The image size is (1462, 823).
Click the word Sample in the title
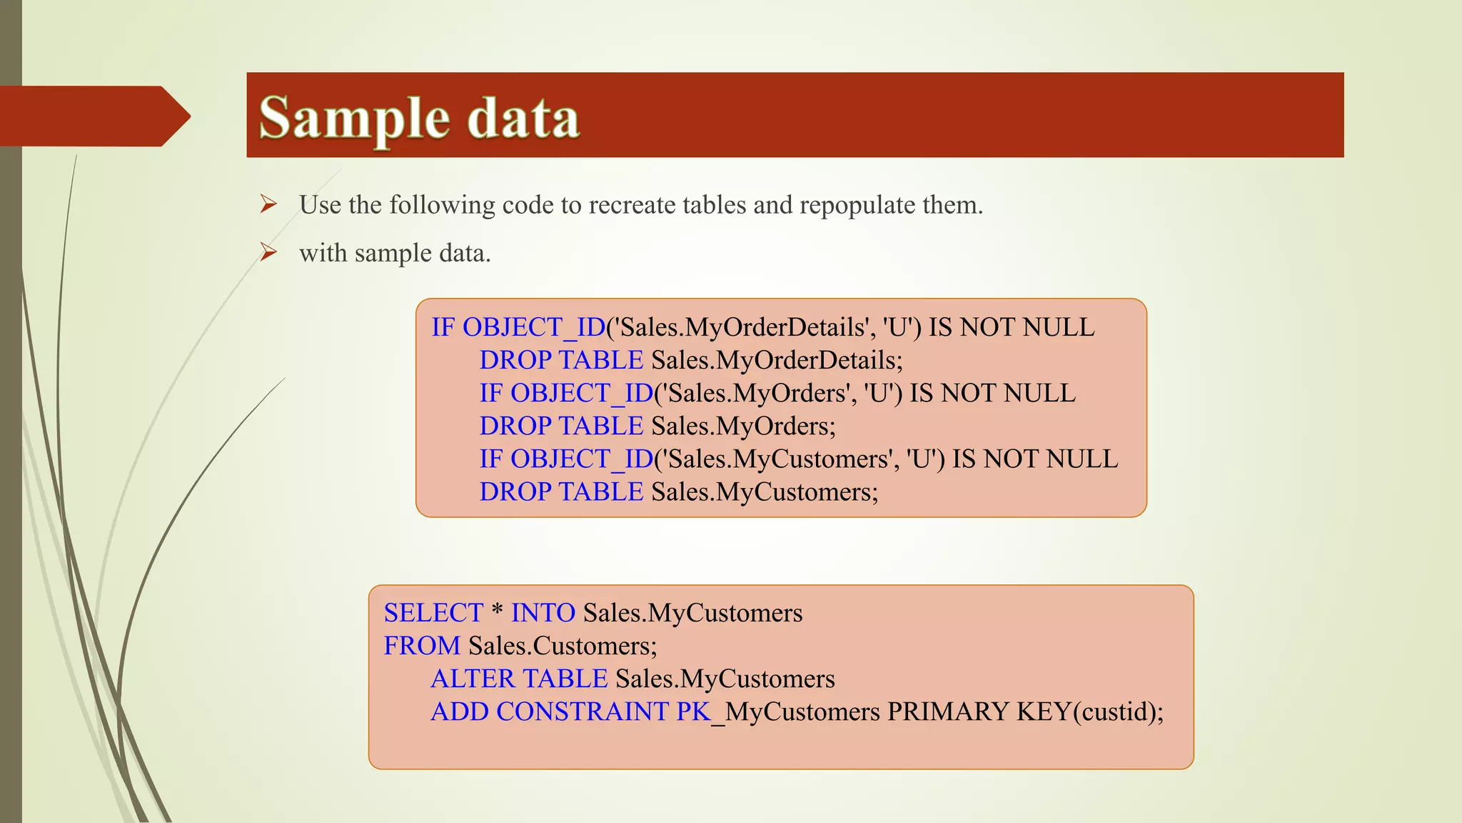coord(354,119)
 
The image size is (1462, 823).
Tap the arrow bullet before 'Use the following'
coord(268,204)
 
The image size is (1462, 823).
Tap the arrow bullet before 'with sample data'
coord(268,252)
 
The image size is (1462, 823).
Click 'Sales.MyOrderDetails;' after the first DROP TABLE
coord(777,360)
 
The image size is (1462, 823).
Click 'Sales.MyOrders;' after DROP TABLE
coord(743,426)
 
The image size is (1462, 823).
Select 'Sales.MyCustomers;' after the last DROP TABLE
coord(765,492)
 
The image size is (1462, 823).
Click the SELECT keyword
coord(433,613)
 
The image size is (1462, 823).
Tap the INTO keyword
coord(543,613)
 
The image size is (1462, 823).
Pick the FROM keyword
coord(422,646)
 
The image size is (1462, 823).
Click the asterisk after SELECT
coord(497,612)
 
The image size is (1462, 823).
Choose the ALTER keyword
coord(473,679)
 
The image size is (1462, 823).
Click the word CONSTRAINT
coord(582,712)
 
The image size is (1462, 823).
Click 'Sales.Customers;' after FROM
coord(563,646)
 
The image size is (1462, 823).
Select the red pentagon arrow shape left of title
coord(93,116)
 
